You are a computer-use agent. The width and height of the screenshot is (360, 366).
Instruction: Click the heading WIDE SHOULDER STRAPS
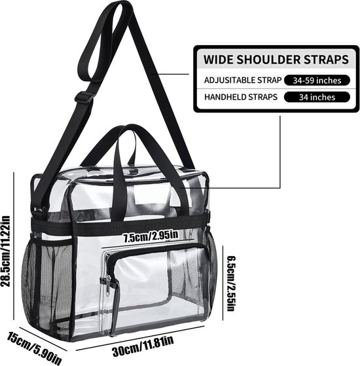tap(276, 60)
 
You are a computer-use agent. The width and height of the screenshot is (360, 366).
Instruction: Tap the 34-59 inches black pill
tap(317, 81)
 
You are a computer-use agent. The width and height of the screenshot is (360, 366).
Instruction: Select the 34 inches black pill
tap(317, 97)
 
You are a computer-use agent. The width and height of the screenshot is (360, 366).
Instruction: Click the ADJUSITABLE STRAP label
tap(243, 81)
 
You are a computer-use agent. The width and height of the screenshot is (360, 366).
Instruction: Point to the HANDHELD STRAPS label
tap(241, 97)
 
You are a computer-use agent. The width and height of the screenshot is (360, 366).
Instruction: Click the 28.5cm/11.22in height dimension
tap(6, 251)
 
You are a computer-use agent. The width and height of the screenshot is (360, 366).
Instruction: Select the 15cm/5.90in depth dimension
tap(34, 348)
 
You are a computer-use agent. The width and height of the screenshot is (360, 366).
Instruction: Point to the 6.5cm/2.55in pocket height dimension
tap(231, 284)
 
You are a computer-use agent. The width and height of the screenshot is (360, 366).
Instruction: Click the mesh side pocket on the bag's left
tap(48, 288)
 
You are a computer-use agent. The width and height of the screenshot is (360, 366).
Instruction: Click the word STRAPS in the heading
tap(326, 60)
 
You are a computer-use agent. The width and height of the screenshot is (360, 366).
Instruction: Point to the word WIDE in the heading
tap(219, 60)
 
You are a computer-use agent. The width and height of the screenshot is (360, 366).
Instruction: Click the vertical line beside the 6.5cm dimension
tap(223, 283)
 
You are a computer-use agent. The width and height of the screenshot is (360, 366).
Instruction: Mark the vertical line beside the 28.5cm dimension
tap(14, 246)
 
